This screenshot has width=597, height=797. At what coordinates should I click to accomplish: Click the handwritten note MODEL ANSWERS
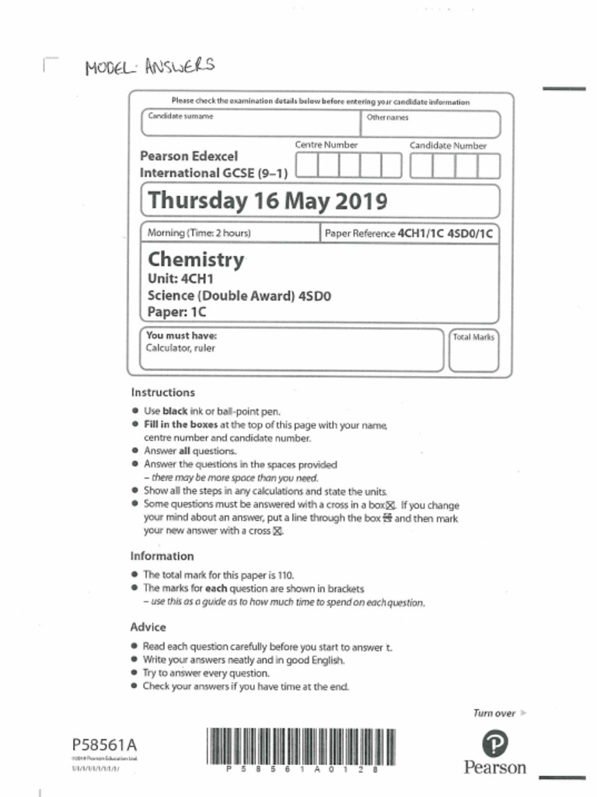148,67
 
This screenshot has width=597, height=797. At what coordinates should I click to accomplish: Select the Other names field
429,124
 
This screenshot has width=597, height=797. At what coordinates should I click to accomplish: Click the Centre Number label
326,145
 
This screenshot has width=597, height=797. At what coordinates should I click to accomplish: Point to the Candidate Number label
448,146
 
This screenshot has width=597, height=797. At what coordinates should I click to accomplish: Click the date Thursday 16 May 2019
267,201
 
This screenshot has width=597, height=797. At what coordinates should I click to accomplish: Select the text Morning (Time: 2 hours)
198,233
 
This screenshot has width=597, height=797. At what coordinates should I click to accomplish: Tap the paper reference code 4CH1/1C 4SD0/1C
445,233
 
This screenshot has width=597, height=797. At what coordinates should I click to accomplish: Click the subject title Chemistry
195,259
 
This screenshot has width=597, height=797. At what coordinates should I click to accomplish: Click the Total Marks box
473,351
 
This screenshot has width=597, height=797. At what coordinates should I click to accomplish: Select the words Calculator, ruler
180,349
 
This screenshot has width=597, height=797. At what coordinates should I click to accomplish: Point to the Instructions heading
162,392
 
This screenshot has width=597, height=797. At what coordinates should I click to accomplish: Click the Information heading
162,556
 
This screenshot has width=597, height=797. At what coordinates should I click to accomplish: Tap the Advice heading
148,627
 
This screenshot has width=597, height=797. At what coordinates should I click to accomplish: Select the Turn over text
494,713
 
